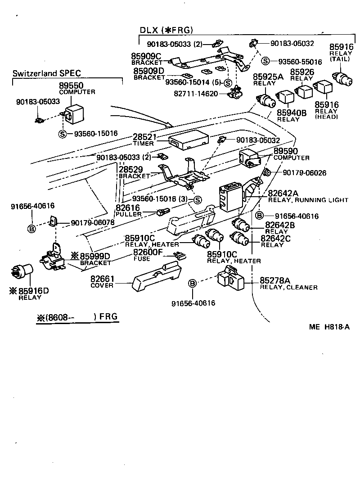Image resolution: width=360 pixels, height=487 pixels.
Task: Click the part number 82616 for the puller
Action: point(128,208)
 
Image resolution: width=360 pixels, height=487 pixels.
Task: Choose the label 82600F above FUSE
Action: point(148,253)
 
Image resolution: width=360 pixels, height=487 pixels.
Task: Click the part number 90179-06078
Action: point(92,222)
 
